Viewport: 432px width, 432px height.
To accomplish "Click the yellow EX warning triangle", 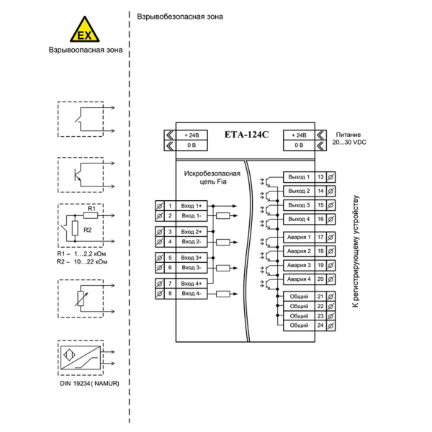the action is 84,30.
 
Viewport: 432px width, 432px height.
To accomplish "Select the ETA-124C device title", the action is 246,135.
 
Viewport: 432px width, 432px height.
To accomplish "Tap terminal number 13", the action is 320,177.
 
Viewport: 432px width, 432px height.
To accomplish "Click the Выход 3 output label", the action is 299,205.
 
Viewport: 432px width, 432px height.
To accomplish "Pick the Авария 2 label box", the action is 299,251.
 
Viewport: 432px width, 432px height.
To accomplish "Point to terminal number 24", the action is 320,325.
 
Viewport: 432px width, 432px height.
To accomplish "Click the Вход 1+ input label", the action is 192,206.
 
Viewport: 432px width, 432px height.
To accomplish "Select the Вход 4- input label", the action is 192,294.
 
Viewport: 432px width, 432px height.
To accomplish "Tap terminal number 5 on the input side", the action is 170,258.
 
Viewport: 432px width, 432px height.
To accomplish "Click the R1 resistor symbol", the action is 91,215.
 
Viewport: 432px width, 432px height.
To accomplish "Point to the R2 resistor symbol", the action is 75,228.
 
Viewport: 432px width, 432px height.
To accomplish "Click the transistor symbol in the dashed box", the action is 78,174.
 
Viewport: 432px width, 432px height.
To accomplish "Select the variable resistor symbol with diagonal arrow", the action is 81,299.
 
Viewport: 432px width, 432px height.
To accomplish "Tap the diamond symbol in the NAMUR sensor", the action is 69,354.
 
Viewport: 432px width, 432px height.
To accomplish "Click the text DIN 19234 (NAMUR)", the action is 89,383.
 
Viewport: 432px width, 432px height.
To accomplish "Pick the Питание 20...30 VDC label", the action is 348,138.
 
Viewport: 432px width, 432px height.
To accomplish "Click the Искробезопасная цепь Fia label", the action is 212,177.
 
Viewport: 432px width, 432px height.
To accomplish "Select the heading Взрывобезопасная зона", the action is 180,17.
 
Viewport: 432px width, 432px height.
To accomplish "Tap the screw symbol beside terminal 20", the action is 331,279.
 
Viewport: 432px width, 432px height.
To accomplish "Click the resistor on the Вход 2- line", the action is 223,242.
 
